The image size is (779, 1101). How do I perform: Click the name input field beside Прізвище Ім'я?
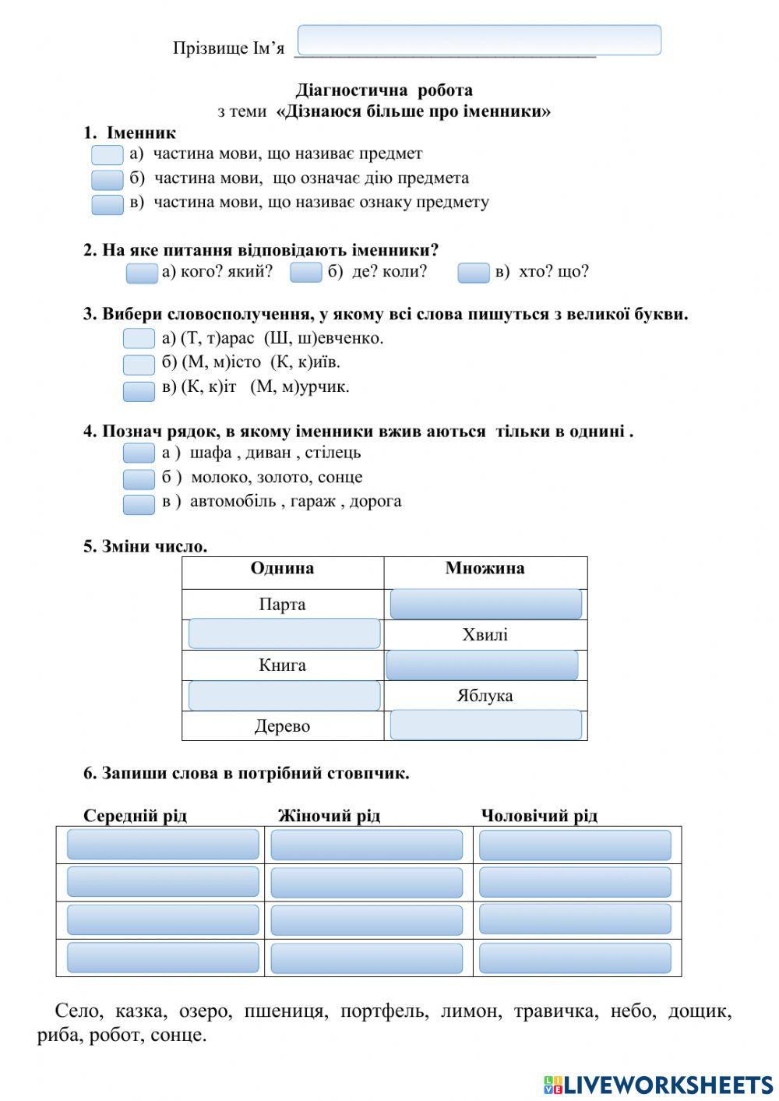click(x=479, y=41)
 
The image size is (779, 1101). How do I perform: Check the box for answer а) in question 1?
click(x=108, y=155)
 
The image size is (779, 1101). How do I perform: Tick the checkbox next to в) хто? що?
click(x=473, y=273)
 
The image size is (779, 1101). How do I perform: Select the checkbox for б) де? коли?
click(x=305, y=273)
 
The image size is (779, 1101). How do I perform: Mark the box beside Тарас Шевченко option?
click(x=139, y=339)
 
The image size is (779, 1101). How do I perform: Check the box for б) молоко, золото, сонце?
click(x=139, y=478)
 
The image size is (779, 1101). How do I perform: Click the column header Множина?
click(x=485, y=569)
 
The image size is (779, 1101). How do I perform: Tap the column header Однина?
click(x=282, y=569)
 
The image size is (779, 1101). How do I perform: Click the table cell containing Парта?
click(x=282, y=605)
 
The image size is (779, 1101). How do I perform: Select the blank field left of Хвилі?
click(x=284, y=634)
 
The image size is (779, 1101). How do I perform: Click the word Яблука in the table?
click(x=485, y=696)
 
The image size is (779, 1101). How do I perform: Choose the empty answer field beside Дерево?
click(x=485, y=725)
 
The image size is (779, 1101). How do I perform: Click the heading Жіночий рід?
click(x=329, y=816)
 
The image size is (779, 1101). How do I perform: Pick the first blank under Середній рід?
click(x=163, y=845)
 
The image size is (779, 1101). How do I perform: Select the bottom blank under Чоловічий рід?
click(x=575, y=958)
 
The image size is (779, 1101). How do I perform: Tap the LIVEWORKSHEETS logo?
click(x=658, y=1085)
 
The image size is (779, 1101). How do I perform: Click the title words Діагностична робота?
click(x=384, y=90)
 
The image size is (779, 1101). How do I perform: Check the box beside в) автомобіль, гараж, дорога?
click(x=139, y=504)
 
